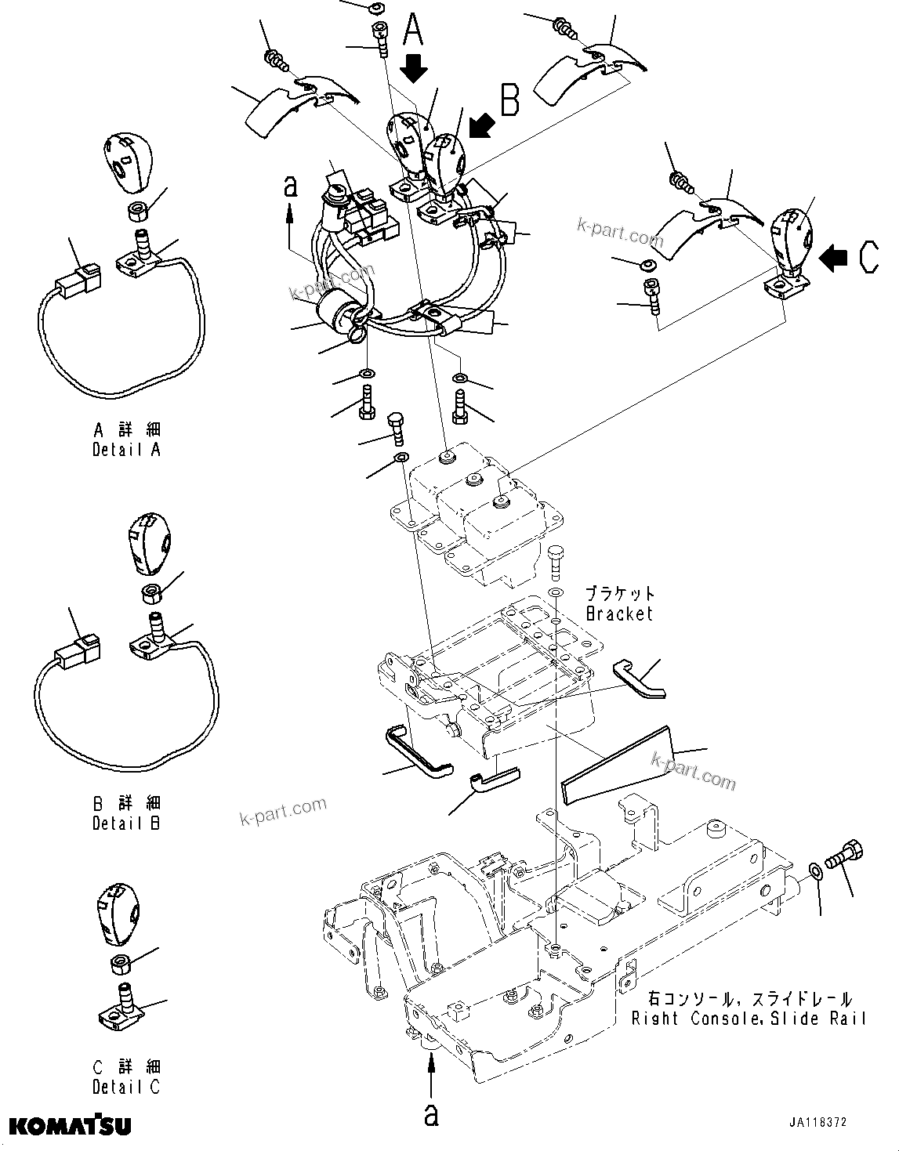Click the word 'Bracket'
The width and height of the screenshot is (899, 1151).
(x=618, y=614)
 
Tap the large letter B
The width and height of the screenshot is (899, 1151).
(x=509, y=100)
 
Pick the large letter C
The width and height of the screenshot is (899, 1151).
(x=868, y=257)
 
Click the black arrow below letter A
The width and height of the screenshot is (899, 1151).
(x=414, y=69)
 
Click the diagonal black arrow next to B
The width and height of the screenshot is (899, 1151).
(x=481, y=124)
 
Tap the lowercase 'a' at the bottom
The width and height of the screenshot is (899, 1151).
(x=431, y=1114)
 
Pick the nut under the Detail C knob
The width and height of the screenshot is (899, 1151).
(x=122, y=963)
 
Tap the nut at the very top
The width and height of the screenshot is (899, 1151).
(x=375, y=8)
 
